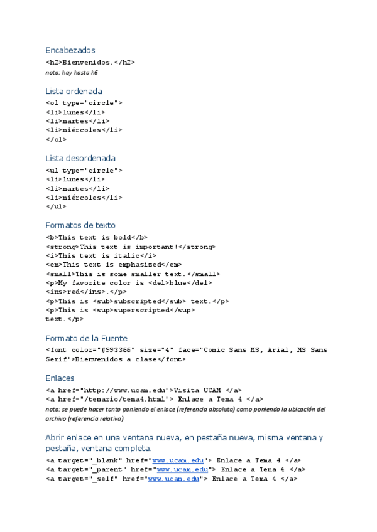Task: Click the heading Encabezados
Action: point(70,50)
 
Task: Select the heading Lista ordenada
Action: point(74,91)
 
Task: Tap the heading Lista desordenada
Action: point(80,158)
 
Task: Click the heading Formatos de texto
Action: point(80,225)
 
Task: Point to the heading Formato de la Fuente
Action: point(86,339)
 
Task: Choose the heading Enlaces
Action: point(60,378)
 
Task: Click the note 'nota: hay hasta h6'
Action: point(71,72)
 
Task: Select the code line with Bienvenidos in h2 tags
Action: point(90,63)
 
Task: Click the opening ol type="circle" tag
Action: point(84,103)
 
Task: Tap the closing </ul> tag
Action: point(56,206)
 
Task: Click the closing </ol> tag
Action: point(56,139)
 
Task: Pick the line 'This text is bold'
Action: point(97,238)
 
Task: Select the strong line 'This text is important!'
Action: point(130,247)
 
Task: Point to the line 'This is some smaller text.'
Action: point(133,274)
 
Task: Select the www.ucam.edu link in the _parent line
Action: point(182,469)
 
